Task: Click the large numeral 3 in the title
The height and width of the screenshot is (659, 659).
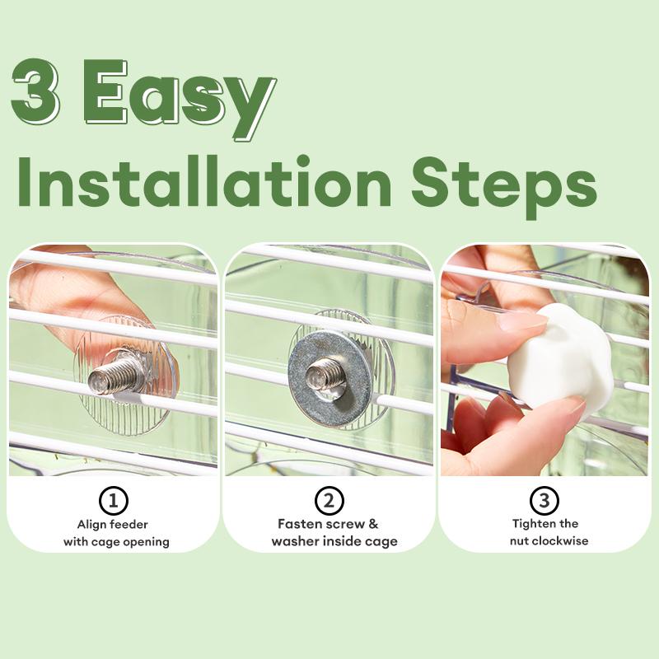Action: pos(35,90)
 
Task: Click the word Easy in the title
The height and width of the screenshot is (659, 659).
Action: pos(179,97)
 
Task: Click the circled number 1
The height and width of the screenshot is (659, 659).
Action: pos(113,500)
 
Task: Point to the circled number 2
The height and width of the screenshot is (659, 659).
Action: pos(329,500)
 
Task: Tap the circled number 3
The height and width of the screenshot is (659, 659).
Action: pos(544,500)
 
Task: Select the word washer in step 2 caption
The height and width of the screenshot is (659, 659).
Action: pos(293,541)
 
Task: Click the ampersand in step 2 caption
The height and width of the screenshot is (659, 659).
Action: pos(373,524)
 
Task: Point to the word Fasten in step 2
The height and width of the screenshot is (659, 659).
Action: pos(298,524)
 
